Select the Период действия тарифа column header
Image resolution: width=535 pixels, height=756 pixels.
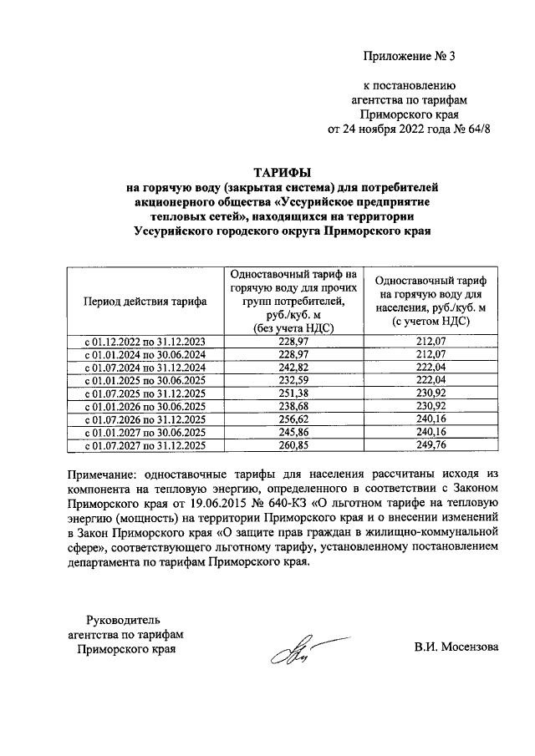pos(145,302)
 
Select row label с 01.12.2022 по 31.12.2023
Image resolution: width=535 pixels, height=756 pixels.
pos(145,341)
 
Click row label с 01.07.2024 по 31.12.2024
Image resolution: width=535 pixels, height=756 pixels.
pos(145,367)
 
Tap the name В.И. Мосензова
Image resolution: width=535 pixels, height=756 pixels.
pos(456,647)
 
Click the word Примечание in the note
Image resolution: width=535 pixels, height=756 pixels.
pos(104,474)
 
